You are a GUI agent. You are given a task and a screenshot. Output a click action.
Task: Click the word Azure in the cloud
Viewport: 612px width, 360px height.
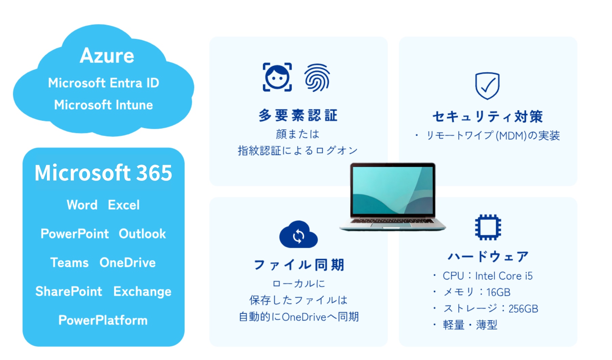(107, 55)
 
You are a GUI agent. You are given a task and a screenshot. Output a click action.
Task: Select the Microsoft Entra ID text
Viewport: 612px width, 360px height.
(104, 83)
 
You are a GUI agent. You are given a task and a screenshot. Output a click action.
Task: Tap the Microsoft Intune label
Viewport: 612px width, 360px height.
(104, 105)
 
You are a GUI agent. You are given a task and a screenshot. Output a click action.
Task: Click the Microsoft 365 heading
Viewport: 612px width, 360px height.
(103, 172)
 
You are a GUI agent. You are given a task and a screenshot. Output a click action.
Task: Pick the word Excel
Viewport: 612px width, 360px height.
(124, 205)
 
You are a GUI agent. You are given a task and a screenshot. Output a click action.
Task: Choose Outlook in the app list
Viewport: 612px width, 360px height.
(142, 234)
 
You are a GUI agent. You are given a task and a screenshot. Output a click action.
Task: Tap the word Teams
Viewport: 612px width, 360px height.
(69, 262)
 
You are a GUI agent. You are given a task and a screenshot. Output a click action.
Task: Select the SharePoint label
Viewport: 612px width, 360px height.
(69, 291)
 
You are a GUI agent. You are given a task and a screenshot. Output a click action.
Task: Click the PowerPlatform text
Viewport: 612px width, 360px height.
(103, 320)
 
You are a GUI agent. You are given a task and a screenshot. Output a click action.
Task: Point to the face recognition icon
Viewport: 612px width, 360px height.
(277, 77)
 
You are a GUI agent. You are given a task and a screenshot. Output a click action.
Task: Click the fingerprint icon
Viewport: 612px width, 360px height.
(317, 78)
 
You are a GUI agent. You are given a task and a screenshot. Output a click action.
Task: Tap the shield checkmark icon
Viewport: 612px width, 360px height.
(487, 86)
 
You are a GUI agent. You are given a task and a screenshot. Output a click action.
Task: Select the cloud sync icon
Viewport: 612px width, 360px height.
(299, 235)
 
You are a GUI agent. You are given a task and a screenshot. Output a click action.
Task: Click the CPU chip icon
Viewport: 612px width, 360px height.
(488, 227)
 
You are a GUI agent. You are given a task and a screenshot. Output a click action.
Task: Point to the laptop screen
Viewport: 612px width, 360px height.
(393, 190)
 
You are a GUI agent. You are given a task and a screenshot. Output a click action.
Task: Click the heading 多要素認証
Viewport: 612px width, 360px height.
(298, 116)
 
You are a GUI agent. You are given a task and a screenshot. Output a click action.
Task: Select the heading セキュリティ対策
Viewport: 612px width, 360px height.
(488, 117)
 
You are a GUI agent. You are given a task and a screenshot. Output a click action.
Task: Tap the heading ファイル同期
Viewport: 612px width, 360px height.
(299, 265)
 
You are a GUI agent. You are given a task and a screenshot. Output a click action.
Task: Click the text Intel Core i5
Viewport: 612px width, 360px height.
(504, 276)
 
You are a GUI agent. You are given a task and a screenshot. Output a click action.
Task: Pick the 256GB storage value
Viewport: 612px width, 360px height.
(523, 309)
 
